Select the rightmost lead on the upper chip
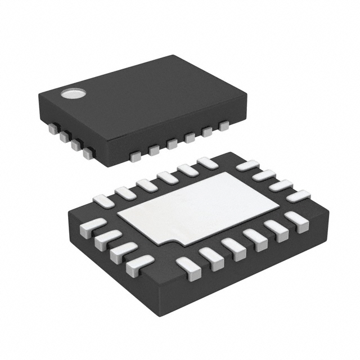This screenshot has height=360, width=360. pos(224,126)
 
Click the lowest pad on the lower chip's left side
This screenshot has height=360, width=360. pos(140,262)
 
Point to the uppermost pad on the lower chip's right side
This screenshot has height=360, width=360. pos(246,165)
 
